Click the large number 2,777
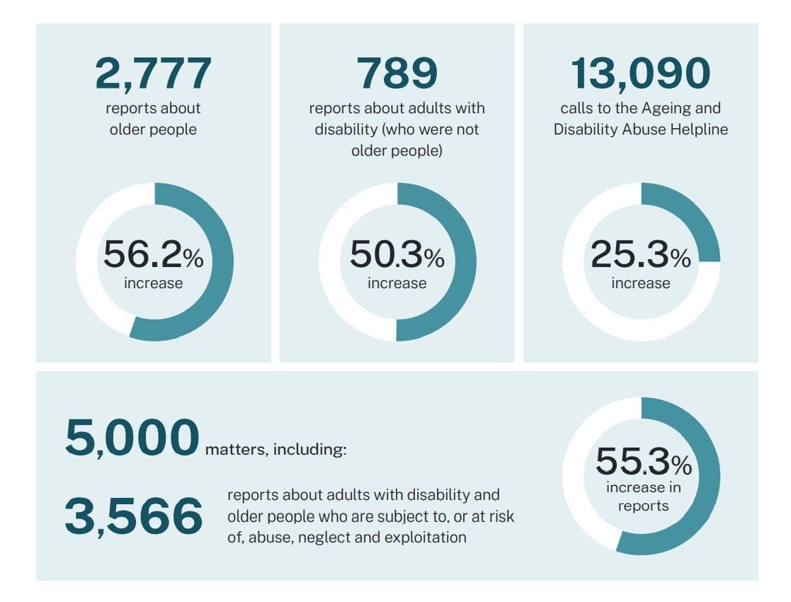coord(153,74)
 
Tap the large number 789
coord(397,74)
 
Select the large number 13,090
coord(640,74)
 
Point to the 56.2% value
coord(153,255)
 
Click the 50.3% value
coord(397,255)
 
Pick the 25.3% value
coord(640,255)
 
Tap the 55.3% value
coord(642,462)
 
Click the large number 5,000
coord(132,438)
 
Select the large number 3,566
coord(133,516)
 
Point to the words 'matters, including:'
coord(276,450)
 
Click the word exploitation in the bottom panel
coord(425,537)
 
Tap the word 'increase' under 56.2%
coord(153,283)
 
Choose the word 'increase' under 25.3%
coord(640,283)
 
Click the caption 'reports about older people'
coord(153,119)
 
